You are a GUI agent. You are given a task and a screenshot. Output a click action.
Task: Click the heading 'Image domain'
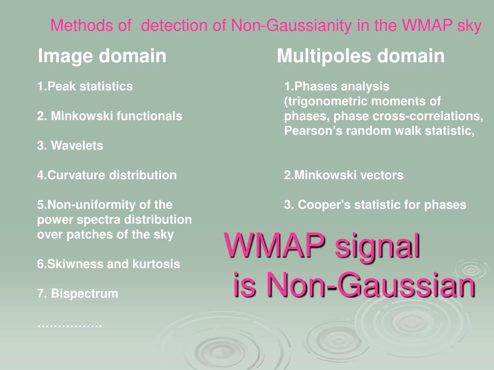[102, 56]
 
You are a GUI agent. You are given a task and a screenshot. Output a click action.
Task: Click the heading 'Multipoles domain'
[360, 56]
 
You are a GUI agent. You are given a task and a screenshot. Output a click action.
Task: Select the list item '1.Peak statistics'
[85, 87]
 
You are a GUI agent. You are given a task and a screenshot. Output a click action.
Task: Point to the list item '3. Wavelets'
[70, 145]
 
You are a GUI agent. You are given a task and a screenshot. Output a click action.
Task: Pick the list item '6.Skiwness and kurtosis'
[109, 264]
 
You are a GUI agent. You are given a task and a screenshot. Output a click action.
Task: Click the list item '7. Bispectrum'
[78, 293]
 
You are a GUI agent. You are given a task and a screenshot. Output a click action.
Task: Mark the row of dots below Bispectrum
[69, 325]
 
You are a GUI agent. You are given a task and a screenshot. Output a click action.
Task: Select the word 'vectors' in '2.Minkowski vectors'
[384, 175]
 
